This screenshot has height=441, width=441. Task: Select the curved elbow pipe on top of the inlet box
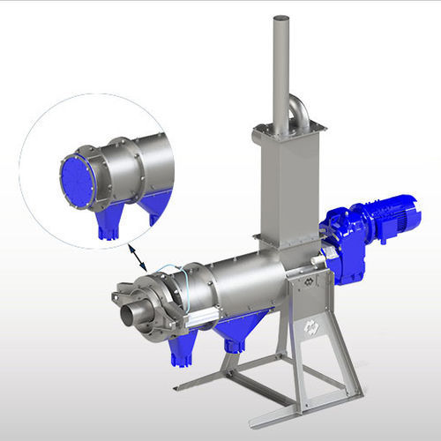tap(298, 111)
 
